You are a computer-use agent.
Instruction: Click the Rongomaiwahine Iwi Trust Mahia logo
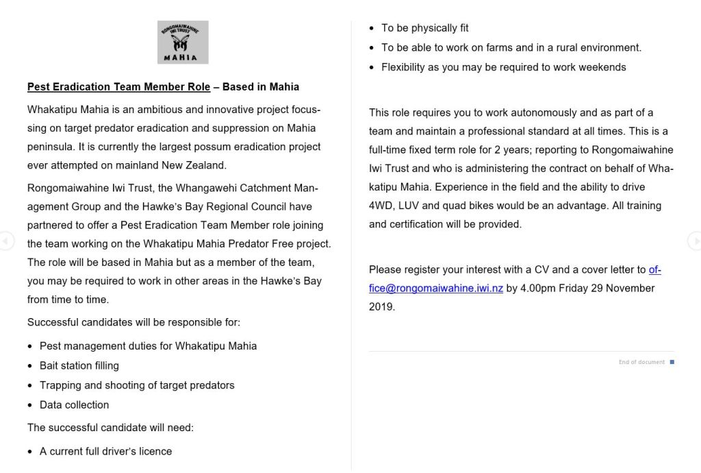click(183, 42)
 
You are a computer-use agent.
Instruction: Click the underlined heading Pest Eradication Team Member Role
click(118, 87)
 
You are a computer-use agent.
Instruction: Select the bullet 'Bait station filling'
click(79, 366)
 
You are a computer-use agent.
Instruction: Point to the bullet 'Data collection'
click(74, 405)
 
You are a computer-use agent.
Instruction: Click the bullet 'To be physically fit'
click(424, 28)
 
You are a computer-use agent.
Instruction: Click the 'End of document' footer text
click(641, 362)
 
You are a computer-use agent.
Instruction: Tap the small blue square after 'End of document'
click(672, 362)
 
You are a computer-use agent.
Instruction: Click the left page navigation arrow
click(6, 241)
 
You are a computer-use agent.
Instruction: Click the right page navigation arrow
click(694, 241)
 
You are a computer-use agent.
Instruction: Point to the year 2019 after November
click(381, 307)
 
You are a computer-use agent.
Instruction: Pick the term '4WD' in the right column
click(380, 206)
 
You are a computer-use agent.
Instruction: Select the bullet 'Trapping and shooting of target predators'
click(137, 385)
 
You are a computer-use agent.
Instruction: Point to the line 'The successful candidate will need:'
click(110, 428)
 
